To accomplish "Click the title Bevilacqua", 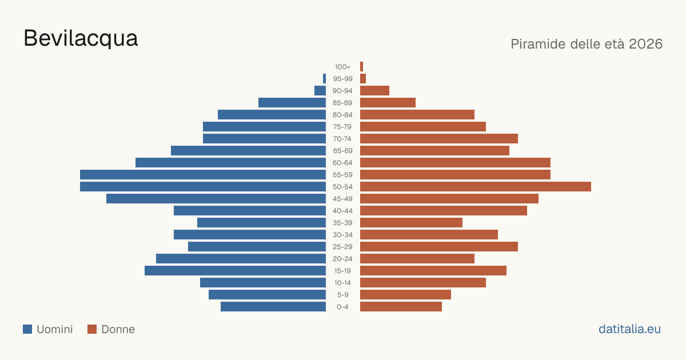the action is point(81,39).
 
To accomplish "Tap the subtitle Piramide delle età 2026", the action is point(587,44).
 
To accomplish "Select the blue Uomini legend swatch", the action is point(27,329).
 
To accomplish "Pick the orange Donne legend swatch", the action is point(92,329).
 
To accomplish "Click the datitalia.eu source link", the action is point(629,329).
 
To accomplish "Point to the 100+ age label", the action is point(342,67).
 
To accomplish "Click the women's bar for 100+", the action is point(361,67).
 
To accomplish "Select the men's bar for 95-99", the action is point(324,79).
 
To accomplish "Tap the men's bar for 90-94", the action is point(320,91).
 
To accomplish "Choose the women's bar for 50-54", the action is point(476,187).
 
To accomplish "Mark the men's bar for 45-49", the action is point(216,199).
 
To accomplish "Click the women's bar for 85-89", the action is point(388,102).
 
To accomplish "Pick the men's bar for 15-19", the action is point(235,271).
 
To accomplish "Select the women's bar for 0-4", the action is point(401,307).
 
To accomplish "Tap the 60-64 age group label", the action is point(342,163).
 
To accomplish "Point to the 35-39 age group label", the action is point(342,223).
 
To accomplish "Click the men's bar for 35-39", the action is point(262,222).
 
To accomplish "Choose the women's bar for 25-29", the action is point(439,247).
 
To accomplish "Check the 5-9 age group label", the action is point(342,295).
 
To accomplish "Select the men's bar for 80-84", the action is point(272,115).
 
